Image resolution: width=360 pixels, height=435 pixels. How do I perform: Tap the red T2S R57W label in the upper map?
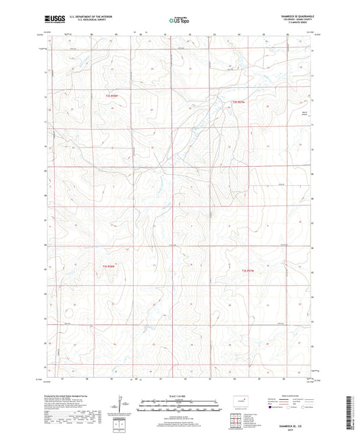[236, 102]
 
